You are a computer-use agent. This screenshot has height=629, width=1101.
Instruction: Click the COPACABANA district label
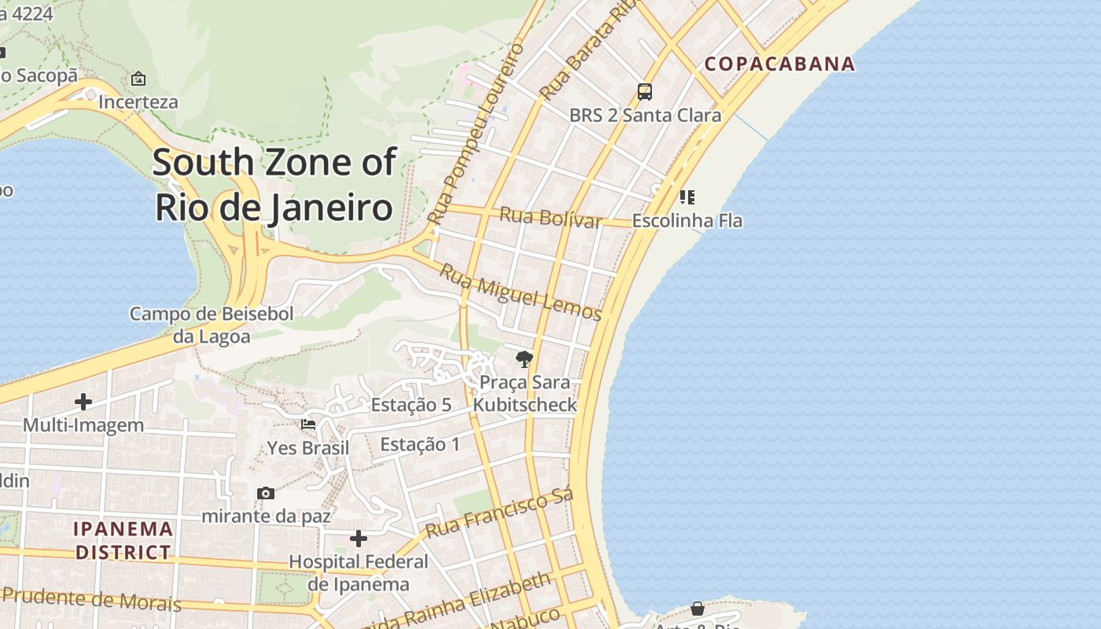pos(779,64)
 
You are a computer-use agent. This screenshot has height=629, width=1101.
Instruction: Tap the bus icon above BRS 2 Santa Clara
pos(645,92)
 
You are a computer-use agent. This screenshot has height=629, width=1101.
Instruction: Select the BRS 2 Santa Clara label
pos(645,116)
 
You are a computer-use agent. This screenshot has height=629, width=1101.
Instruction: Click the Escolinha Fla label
pos(687,221)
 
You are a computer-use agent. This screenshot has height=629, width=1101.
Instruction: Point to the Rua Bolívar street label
pos(550,217)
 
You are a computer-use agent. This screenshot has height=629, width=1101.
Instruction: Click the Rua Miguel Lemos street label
pos(520,292)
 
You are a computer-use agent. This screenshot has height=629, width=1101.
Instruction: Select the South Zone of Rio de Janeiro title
pos(274,185)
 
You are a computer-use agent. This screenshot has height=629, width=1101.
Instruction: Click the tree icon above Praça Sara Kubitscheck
pos(524,360)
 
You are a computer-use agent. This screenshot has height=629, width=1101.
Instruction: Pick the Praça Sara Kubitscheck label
pos(525,394)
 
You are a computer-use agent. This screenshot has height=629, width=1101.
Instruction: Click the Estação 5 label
pos(411,405)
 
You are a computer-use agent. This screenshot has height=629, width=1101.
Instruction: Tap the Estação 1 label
pos(420,444)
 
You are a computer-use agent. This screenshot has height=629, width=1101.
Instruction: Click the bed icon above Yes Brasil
pos(308,425)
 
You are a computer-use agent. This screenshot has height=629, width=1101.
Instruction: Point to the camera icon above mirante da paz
pos(266,493)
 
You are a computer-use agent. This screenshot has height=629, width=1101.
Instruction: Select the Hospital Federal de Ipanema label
pos(359,573)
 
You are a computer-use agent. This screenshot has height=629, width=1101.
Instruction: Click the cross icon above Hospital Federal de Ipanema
pos(359,539)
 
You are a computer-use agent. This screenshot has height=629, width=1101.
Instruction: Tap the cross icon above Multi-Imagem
pos(83,402)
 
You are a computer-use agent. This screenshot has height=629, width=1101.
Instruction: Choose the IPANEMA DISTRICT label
pos(123,540)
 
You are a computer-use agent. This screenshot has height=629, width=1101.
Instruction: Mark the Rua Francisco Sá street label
pos(499,513)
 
